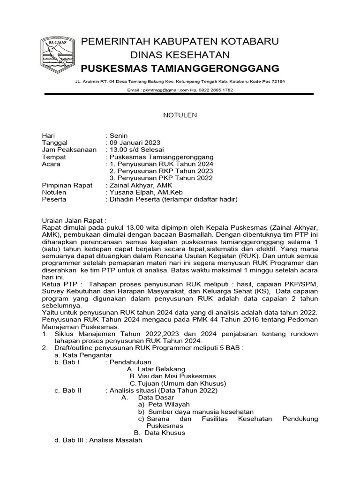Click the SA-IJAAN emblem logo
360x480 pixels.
56,54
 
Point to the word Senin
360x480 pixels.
119,135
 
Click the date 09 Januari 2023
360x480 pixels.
135,142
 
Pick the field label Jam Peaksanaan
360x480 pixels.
69,150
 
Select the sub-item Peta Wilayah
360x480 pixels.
168,404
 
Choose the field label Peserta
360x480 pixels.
54,199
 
